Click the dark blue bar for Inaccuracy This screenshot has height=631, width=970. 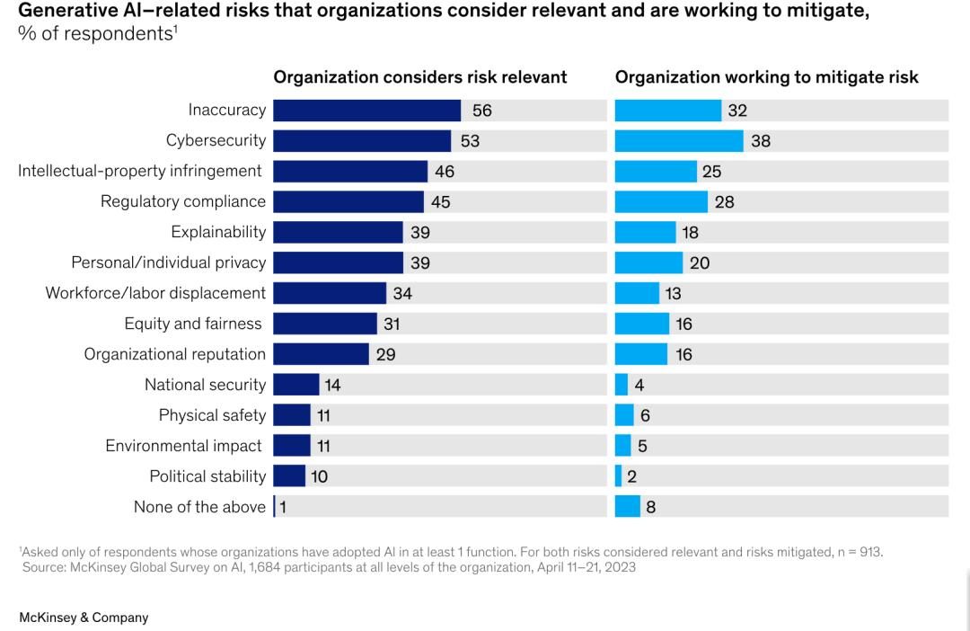click(366, 111)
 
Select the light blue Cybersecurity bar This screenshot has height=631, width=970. click(679, 141)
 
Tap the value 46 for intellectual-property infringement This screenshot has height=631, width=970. click(445, 172)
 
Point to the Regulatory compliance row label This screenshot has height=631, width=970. click(183, 201)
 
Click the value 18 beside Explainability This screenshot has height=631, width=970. click(690, 232)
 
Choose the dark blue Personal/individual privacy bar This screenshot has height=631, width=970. click(338, 262)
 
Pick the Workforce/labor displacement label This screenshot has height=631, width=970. click(155, 293)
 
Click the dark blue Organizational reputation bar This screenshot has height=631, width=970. click(321, 354)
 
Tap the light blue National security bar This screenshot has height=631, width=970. click(622, 385)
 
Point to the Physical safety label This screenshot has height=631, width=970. click(212, 415)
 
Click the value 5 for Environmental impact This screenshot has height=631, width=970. click(642, 446)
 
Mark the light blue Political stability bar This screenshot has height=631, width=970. click(619, 476)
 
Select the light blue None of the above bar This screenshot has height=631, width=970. click(628, 507)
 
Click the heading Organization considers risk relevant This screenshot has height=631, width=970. click(420, 77)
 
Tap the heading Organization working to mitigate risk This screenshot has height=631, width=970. click(766, 77)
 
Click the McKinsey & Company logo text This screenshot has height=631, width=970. click(84, 618)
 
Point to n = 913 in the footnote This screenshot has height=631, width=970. click(859, 552)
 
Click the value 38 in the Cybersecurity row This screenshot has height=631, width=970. click(761, 141)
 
